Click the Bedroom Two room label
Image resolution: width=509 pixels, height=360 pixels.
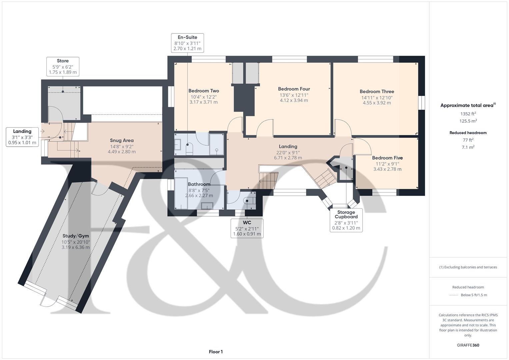click(204, 91)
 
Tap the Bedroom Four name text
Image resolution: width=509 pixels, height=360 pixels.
click(294, 89)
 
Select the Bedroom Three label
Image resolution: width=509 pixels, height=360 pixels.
click(377, 91)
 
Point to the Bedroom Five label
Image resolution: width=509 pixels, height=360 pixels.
click(387, 158)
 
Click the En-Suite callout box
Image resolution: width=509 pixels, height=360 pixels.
click(187, 43)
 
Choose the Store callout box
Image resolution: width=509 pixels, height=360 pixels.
click(63, 66)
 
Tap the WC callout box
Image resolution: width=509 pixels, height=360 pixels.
click(247, 228)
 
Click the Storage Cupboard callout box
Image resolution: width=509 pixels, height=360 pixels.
click(346, 220)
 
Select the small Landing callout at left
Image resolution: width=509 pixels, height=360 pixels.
click(22, 137)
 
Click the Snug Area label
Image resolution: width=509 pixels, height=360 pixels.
click(122, 140)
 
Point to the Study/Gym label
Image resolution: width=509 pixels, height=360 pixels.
click(76, 236)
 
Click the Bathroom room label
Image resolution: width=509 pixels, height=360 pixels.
click(199, 184)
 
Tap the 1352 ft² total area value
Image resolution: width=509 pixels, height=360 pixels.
click(468, 114)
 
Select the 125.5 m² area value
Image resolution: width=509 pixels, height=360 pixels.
click(468, 121)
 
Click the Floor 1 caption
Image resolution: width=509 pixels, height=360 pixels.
click(216, 352)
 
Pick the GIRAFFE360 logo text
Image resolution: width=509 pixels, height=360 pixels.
click(468, 345)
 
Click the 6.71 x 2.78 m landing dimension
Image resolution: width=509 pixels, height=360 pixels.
click(288, 158)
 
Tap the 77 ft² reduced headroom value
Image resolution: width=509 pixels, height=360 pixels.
click(468, 140)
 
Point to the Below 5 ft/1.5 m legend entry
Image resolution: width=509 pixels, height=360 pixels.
click(473, 295)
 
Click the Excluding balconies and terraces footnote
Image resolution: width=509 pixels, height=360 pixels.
click(468, 267)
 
